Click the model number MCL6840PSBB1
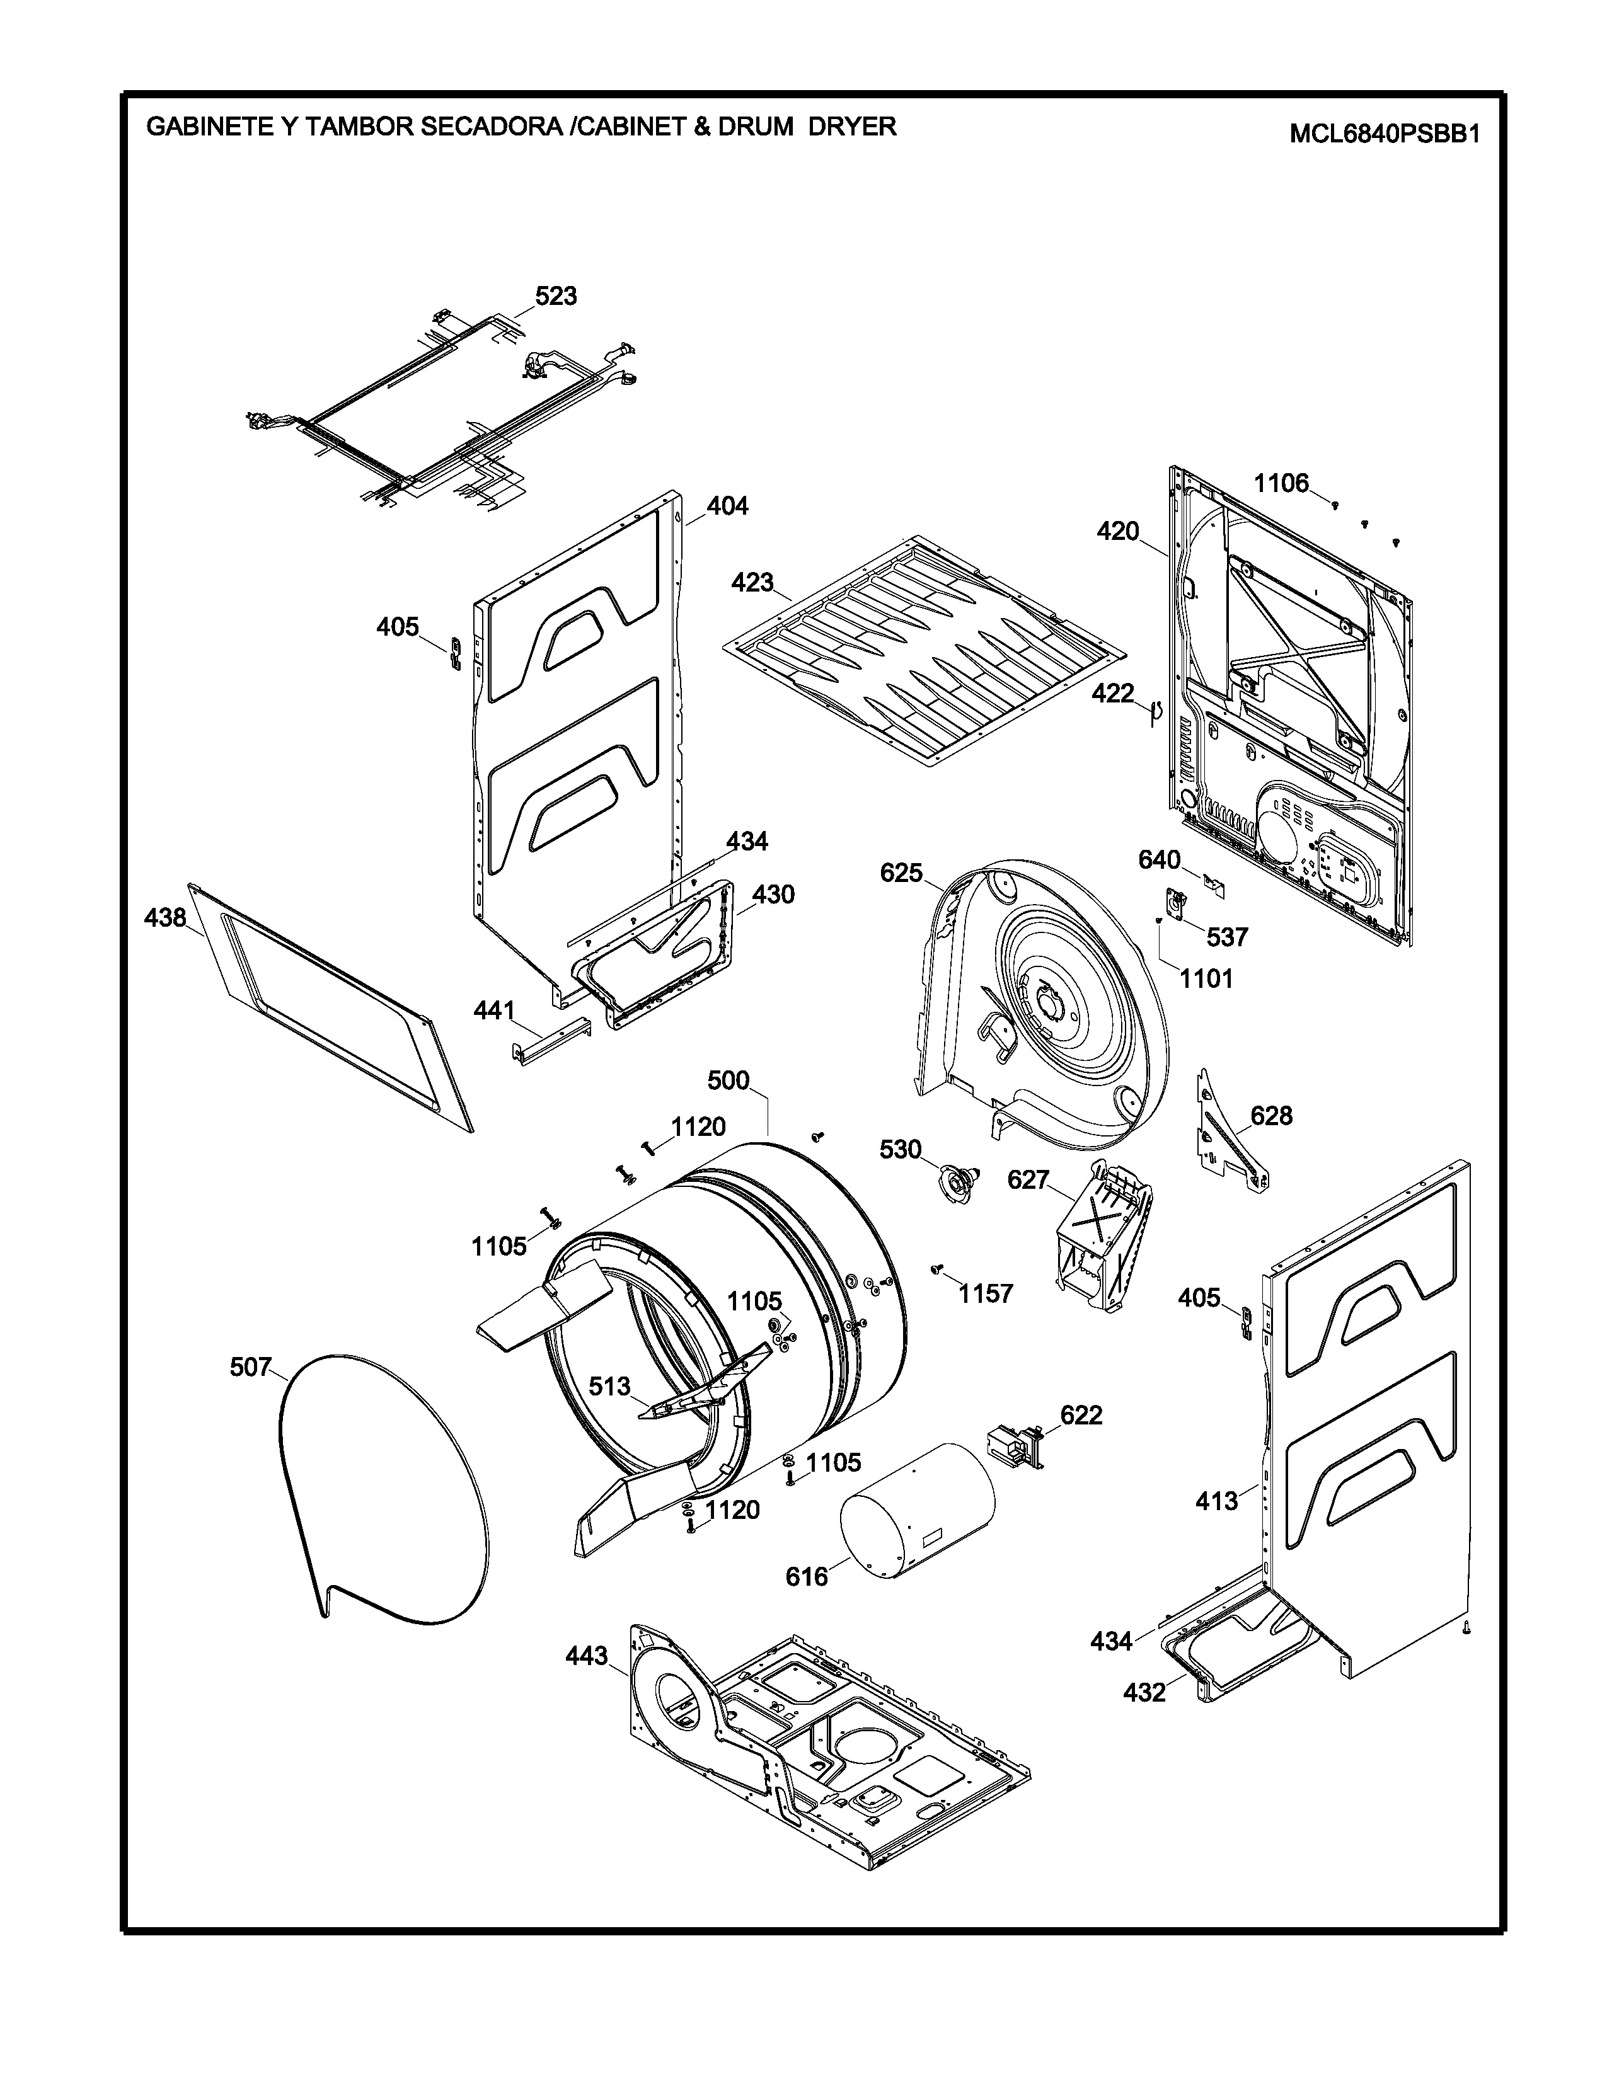[1385, 134]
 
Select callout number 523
[556, 296]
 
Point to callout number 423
[752, 581]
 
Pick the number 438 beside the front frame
[164, 918]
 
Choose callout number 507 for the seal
[250, 1367]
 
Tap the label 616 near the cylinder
[807, 1576]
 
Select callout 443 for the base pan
[587, 1656]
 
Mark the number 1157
[986, 1293]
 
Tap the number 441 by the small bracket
[494, 1010]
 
